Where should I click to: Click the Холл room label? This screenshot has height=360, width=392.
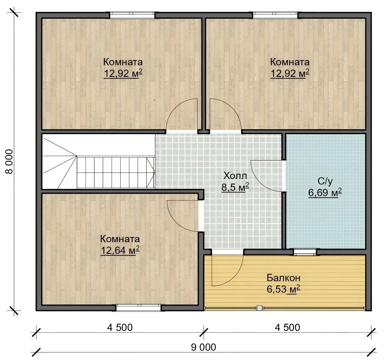tap(235, 176)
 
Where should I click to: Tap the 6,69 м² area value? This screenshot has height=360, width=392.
tap(325, 193)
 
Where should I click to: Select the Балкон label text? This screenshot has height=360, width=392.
tap(283, 278)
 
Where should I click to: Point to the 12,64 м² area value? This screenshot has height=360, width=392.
tap(120, 250)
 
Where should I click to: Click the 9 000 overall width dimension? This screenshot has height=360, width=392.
tap(203, 347)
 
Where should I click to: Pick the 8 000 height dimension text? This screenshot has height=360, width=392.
tap(9, 161)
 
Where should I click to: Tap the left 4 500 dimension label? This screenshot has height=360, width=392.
tap(120, 327)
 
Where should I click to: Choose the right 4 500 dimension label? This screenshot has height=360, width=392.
tap(287, 327)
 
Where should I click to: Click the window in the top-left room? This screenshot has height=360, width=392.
tap(133, 15)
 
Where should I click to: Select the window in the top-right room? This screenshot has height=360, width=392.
tap(275, 15)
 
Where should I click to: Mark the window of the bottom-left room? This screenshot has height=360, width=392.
tap(139, 308)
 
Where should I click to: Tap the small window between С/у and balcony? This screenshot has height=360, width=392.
tap(305, 252)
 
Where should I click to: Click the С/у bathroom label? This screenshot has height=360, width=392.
tap(325, 181)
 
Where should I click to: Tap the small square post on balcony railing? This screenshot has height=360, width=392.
tap(260, 308)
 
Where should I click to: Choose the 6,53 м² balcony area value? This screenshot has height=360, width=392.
tap(283, 289)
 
